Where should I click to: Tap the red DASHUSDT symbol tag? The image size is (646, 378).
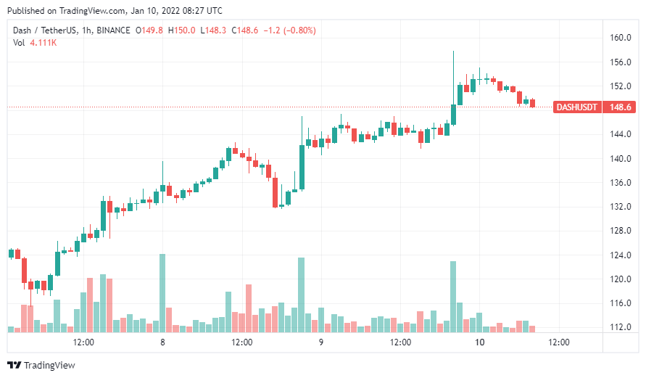[x=576, y=107]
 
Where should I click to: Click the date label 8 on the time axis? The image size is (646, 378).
[x=162, y=342]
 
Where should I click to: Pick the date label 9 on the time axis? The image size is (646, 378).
[x=320, y=342]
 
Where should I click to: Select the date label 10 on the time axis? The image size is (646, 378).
[x=479, y=342]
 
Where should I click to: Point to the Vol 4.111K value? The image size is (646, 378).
[x=44, y=43]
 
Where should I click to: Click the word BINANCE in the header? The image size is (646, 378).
[x=113, y=30]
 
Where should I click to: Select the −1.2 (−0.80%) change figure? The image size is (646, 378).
[x=289, y=30]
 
